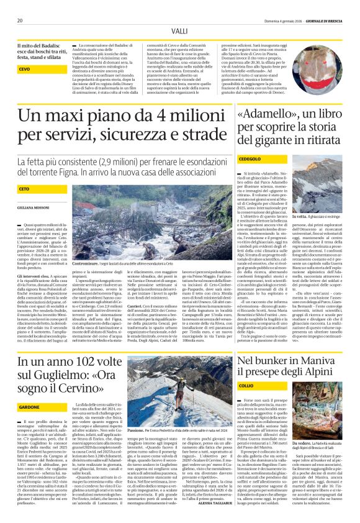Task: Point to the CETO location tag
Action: click(x=25, y=188)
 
